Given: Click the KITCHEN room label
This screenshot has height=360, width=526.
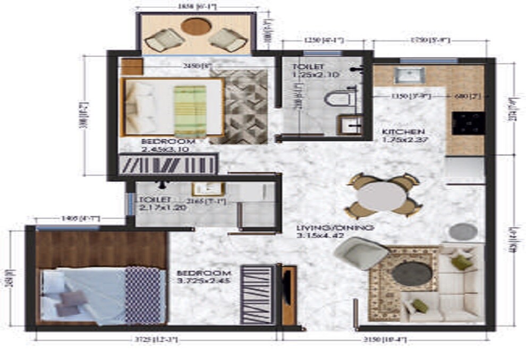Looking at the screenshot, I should click(x=403, y=132).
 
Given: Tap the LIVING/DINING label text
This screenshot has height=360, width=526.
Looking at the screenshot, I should click(x=335, y=228).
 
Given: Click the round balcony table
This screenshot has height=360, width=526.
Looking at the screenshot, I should click(x=196, y=27).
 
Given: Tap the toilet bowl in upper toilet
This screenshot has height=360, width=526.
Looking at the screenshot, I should click(x=338, y=98).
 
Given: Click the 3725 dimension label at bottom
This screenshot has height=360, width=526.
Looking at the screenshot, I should click(x=151, y=339).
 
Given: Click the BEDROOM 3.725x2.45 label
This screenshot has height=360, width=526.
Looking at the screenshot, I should click(x=203, y=277).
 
